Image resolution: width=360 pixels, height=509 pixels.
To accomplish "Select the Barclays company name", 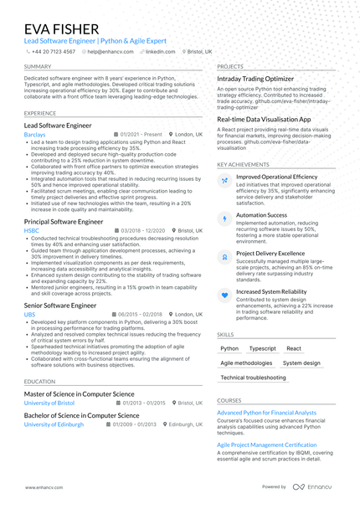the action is [35, 134].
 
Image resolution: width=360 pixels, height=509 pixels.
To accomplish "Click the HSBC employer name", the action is [32, 229].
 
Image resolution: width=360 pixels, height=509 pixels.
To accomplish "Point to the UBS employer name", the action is [30, 315].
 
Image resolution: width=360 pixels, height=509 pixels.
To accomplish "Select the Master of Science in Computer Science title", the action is [79, 393].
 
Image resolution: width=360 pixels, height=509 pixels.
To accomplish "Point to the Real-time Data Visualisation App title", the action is [264, 120].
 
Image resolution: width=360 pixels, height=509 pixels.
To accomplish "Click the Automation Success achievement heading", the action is [261, 215].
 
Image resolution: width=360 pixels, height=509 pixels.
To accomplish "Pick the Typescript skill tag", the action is [262, 348].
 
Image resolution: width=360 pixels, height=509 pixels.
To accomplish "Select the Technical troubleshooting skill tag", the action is [253, 378].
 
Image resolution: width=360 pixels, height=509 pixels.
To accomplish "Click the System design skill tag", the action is [301, 363].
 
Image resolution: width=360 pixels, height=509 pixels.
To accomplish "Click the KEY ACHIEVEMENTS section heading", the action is [244, 165].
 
